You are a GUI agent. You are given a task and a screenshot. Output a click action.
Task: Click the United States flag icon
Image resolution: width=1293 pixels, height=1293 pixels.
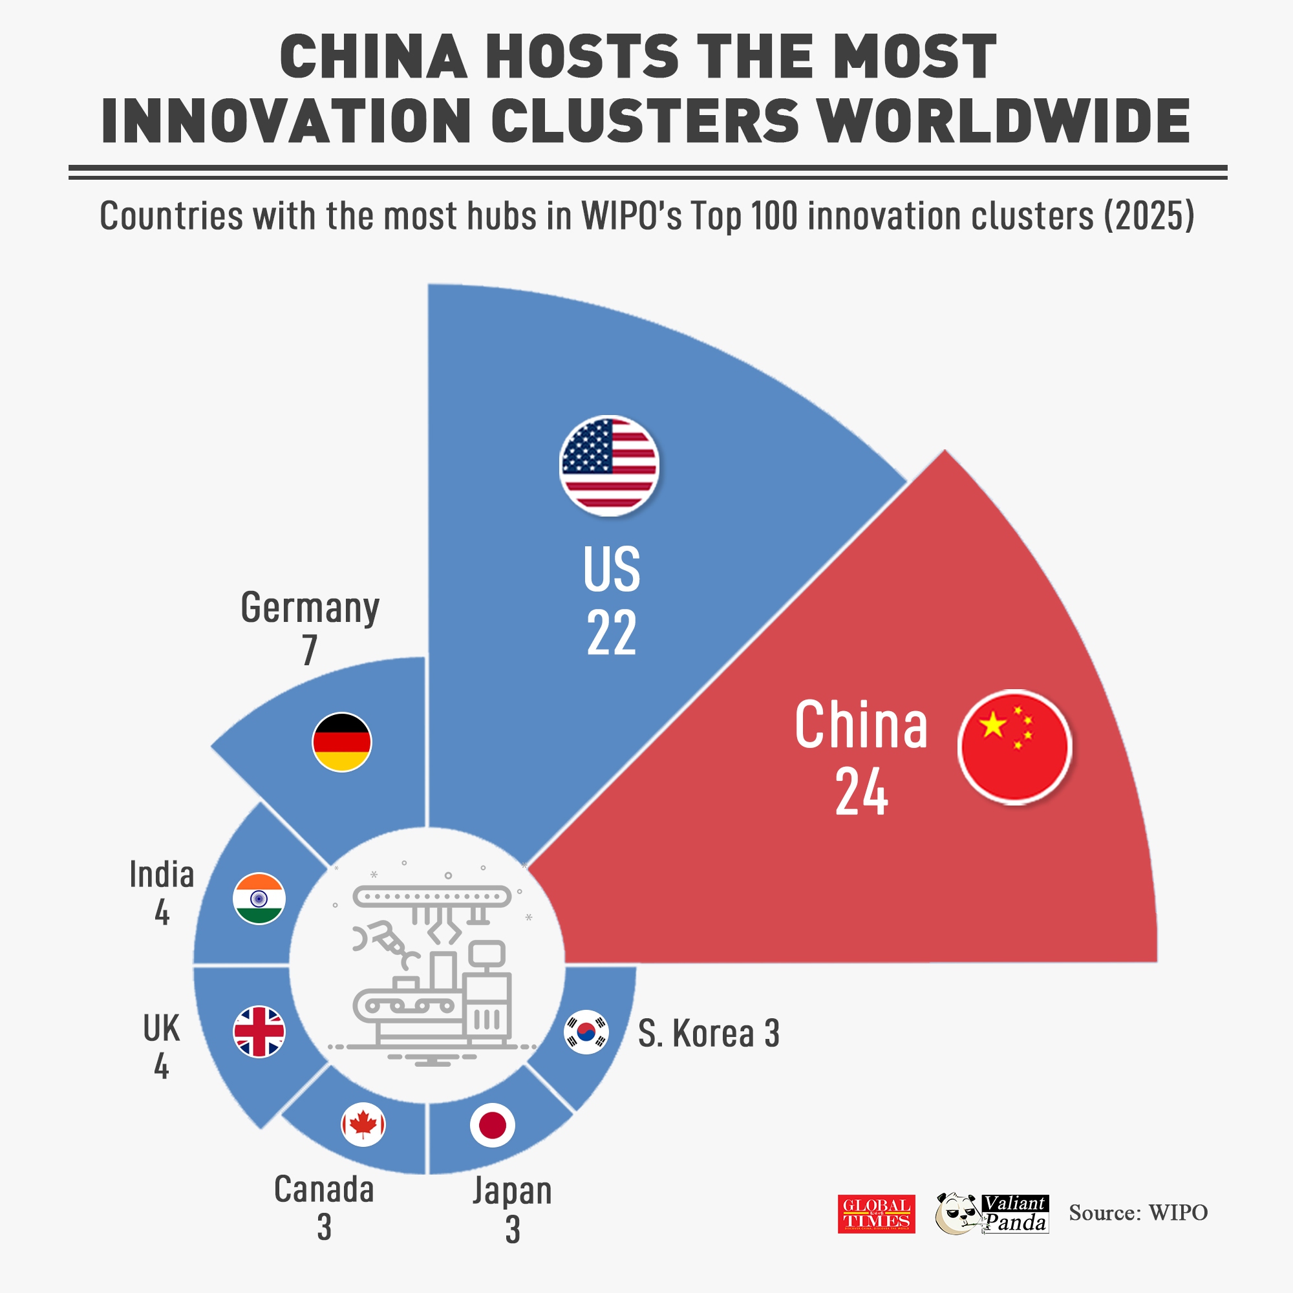609,465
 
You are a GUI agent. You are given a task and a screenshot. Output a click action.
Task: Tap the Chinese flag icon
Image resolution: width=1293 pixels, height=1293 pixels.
1014,746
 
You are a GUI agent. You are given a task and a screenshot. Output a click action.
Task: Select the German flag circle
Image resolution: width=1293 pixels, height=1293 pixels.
341,742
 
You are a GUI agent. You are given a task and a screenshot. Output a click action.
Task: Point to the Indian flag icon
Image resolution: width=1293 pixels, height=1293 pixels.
259,899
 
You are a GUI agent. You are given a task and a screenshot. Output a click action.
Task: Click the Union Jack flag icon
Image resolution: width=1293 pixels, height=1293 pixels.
259,1031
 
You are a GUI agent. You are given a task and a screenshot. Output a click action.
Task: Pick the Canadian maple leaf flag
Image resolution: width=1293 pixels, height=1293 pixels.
363,1124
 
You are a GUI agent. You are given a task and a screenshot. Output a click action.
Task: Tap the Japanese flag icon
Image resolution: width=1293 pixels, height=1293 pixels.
492,1125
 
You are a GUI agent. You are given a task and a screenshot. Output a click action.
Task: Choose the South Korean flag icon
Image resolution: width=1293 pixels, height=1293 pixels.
586,1031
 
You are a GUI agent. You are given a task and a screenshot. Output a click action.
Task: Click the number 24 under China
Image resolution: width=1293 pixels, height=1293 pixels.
860,792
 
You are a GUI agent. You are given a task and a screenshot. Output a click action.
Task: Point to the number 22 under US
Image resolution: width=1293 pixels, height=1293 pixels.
611,632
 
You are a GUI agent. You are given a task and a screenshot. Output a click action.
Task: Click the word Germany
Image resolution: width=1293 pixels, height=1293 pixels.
310,608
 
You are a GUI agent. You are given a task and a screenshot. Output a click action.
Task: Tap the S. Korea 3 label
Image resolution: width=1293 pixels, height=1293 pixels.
708,1033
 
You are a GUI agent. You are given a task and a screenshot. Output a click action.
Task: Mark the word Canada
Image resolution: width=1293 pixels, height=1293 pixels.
324,1190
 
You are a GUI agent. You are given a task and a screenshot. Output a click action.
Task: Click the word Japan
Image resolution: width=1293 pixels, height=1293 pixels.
512,1191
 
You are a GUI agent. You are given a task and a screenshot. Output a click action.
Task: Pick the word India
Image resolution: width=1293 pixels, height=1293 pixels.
162,875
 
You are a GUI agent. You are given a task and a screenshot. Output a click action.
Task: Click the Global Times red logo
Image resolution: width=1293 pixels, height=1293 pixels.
876,1213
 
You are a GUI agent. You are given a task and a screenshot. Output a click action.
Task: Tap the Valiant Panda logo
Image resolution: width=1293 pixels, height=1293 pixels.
992,1213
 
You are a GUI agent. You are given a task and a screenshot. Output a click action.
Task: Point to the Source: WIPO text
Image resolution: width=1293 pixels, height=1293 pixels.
1138,1213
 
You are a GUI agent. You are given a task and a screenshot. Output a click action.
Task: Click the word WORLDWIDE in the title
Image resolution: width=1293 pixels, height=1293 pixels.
1004,121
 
